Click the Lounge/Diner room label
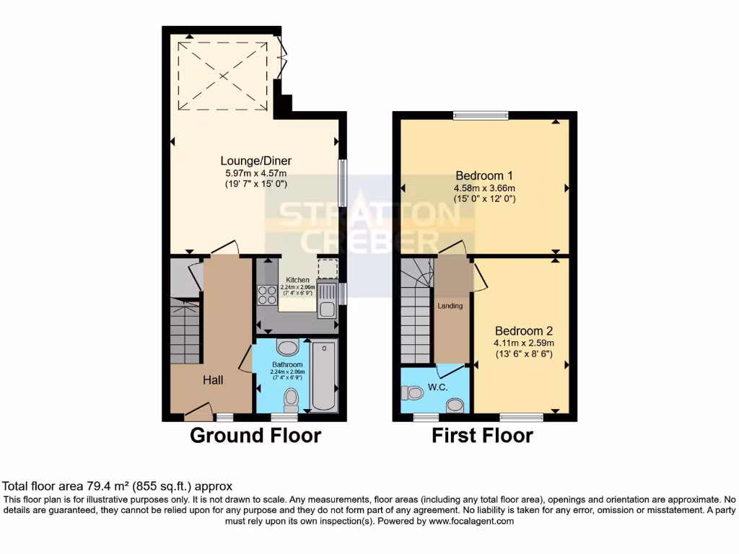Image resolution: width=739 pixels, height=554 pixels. tap(255, 161)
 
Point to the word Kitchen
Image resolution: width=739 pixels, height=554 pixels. tap(297, 280)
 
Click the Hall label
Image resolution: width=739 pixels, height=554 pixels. tap(212, 379)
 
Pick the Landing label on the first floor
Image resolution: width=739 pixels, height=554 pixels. tap(450, 306)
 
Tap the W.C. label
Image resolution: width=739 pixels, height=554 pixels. tap(437, 387)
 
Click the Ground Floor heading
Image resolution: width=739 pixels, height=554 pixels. tap(255, 436)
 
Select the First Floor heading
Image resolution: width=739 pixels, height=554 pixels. tap(482, 436)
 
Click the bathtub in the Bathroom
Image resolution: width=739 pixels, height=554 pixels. tap(325, 377)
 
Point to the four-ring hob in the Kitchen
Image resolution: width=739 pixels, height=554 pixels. tap(266, 296)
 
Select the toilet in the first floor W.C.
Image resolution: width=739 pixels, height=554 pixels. tap(414, 393)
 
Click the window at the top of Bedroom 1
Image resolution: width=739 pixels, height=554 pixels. tap(480, 115)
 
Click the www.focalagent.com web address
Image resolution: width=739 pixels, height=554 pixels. tap(469, 521)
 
